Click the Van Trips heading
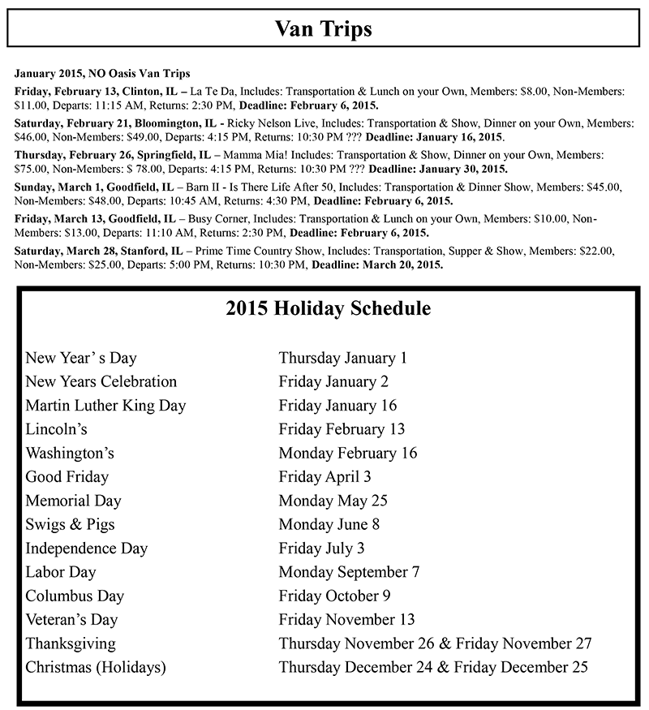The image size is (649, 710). tap(324, 30)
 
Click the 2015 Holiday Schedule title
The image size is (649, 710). tap(328, 309)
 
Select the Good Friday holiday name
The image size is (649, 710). tap(67, 476)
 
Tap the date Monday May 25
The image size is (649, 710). tap(333, 501)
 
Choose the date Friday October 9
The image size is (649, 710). tap(335, 596)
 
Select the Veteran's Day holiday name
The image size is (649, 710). tap(71, 620)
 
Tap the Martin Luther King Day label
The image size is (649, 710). tap(105, 405)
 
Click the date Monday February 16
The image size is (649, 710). tap(347, 453)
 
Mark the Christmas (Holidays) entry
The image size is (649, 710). tap(96, 668)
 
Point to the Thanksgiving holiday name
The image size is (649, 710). tap(71, 643)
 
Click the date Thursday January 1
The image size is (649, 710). tap(342, 357)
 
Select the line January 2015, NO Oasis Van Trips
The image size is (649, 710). tap(102, 74)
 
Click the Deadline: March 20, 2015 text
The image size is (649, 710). tap(378, 265)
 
